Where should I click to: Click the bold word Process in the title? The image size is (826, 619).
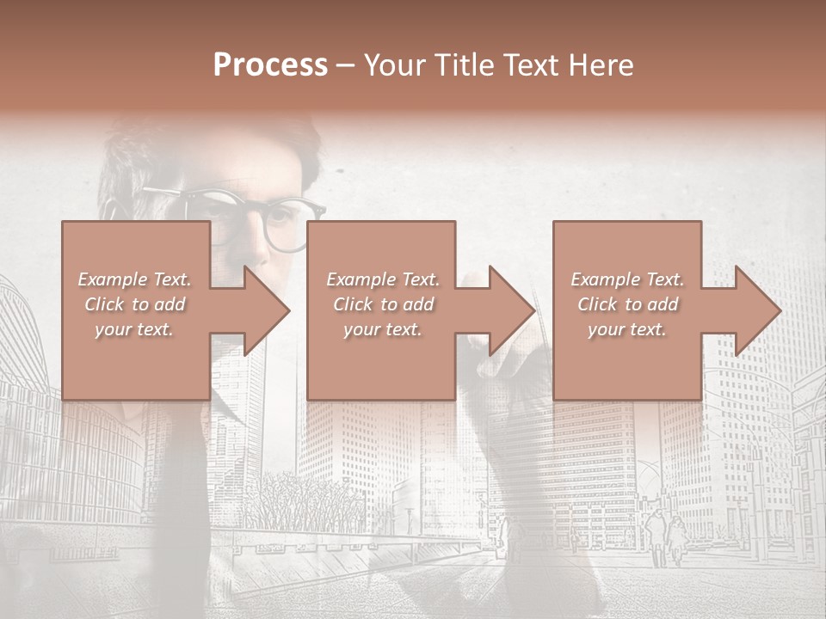(270, 65)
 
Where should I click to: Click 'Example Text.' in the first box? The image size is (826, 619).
(134, 279)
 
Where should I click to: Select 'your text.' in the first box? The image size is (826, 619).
(134, 329)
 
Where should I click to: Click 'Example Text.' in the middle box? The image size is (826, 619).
(382, 279)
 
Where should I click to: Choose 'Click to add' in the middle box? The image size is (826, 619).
(382, 304)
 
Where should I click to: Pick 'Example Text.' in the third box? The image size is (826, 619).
(627, 279)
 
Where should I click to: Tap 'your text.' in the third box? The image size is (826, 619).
(627, 329)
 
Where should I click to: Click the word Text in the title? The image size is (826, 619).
(535, 65)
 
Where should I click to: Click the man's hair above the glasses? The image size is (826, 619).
(215, 146)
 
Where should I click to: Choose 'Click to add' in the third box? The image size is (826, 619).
(627, 304)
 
